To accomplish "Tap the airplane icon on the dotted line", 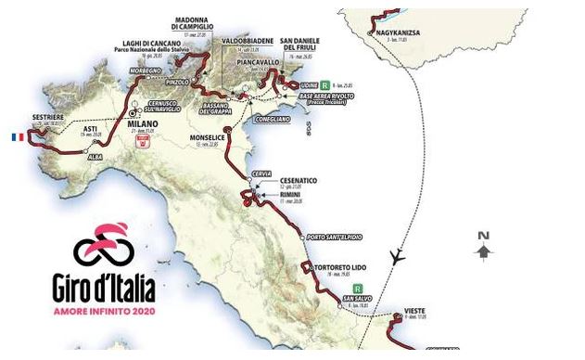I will (398, 257).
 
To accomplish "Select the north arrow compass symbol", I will (483, 247).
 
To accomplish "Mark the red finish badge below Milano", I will (144, 142).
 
